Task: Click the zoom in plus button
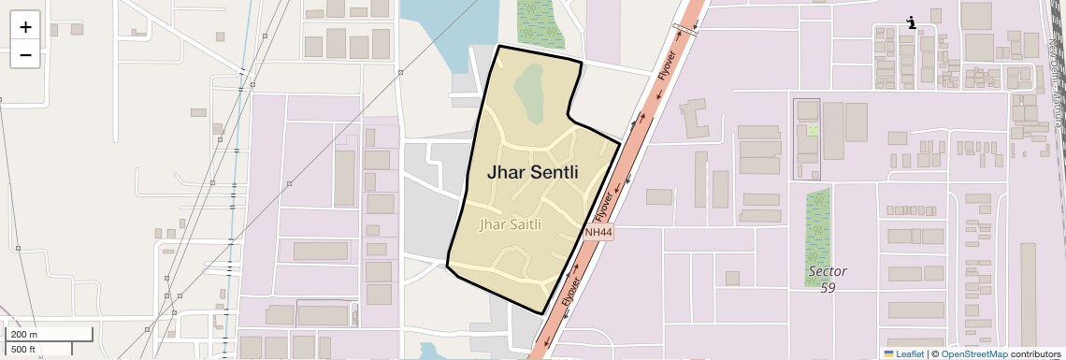pyautogui.click(x=25, y=26)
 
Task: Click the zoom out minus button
pyautogui.click(x=25, y=55)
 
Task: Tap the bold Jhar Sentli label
pyautogui.click(x=532, y=173)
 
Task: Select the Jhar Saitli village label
pyautogui.click(x=510, y=224)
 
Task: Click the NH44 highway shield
pyautogui.click(x=598, y=232)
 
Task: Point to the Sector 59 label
pyautogui.click(x=828, y=279)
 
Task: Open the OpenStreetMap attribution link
pyautogui.click(x=973, y=353)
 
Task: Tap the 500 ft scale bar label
pyautogui.click(x=24, y=349)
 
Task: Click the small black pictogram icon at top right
pyautogui.click(x=911, y=22)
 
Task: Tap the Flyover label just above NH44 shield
pyautogui.click(x=602, y=205)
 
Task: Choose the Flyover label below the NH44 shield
pyautogui.click(x=572, y=292)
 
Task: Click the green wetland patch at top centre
pyautogui.click(x=540, y=22)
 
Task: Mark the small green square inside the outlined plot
pyautogui.click(x=812, y=129)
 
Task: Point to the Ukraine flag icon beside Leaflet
pyautogui.click(x=888, y=353)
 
